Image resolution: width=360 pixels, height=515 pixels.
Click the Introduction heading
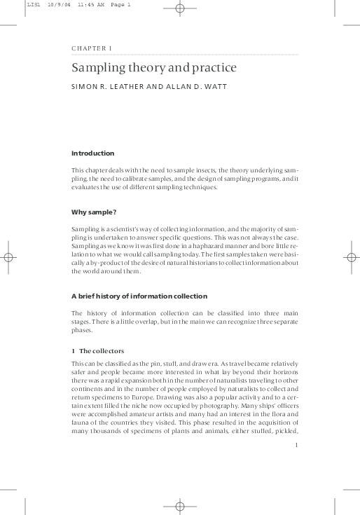93,153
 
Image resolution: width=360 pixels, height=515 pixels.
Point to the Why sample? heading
94,212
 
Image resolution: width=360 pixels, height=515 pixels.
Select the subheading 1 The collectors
101,350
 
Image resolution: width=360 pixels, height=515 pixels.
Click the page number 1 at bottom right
297,444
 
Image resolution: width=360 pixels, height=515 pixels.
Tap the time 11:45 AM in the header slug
88,5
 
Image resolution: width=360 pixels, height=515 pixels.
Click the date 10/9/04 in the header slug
58,5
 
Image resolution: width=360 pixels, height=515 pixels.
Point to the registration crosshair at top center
179,9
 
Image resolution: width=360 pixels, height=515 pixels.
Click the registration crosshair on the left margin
9,258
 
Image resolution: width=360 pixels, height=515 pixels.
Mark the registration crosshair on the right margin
351,258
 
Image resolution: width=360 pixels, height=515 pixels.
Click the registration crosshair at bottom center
179,505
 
